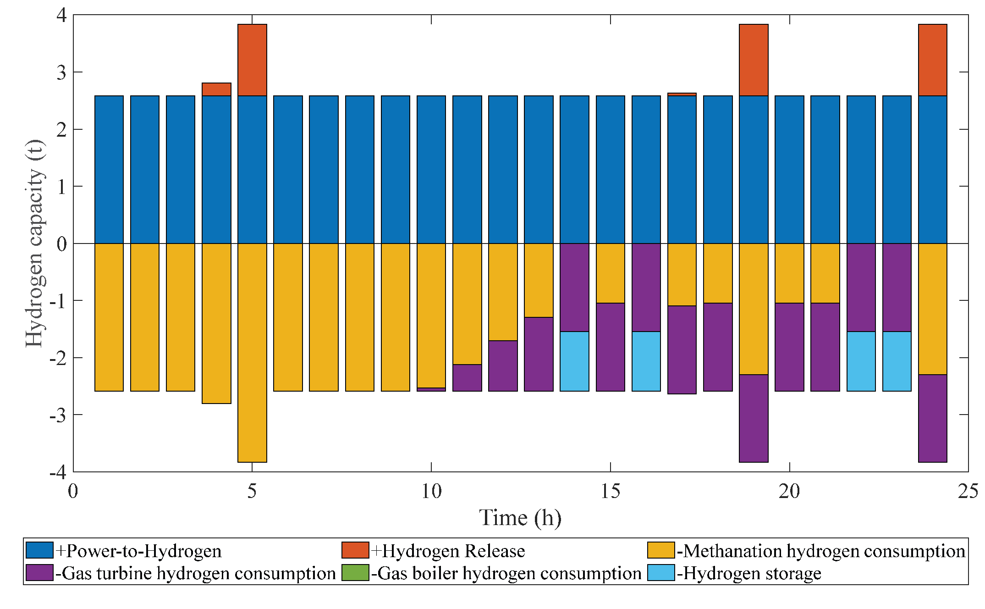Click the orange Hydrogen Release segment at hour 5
click(x=252, y=60)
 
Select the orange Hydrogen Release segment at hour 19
click(x=754, y=60)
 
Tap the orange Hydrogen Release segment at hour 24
click(x=932, y=60)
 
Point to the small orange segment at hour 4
click(x=216, y=89)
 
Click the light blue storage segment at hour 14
click(x=574, y=361)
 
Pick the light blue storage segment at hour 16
click(x=646, y=361)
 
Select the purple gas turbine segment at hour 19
click(x=754, y=418)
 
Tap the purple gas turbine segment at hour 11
click(x=467, y=378)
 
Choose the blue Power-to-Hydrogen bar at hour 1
click(x=109, y=170)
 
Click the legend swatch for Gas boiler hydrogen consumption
click(x=355, y=573)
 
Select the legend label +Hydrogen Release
click(x=448, y=551)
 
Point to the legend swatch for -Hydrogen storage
click(x=660, y=573)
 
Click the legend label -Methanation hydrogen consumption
click(x=821, y=551)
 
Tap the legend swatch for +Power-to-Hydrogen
click(x=39, y=550)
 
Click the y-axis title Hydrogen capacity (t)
click(x=35, y=243)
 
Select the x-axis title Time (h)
click(x=520, y=518)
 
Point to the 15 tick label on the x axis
click(x=610, y=492)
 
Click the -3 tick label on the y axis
click(x=58, y=415)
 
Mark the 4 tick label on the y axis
click(x=61, y=15)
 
